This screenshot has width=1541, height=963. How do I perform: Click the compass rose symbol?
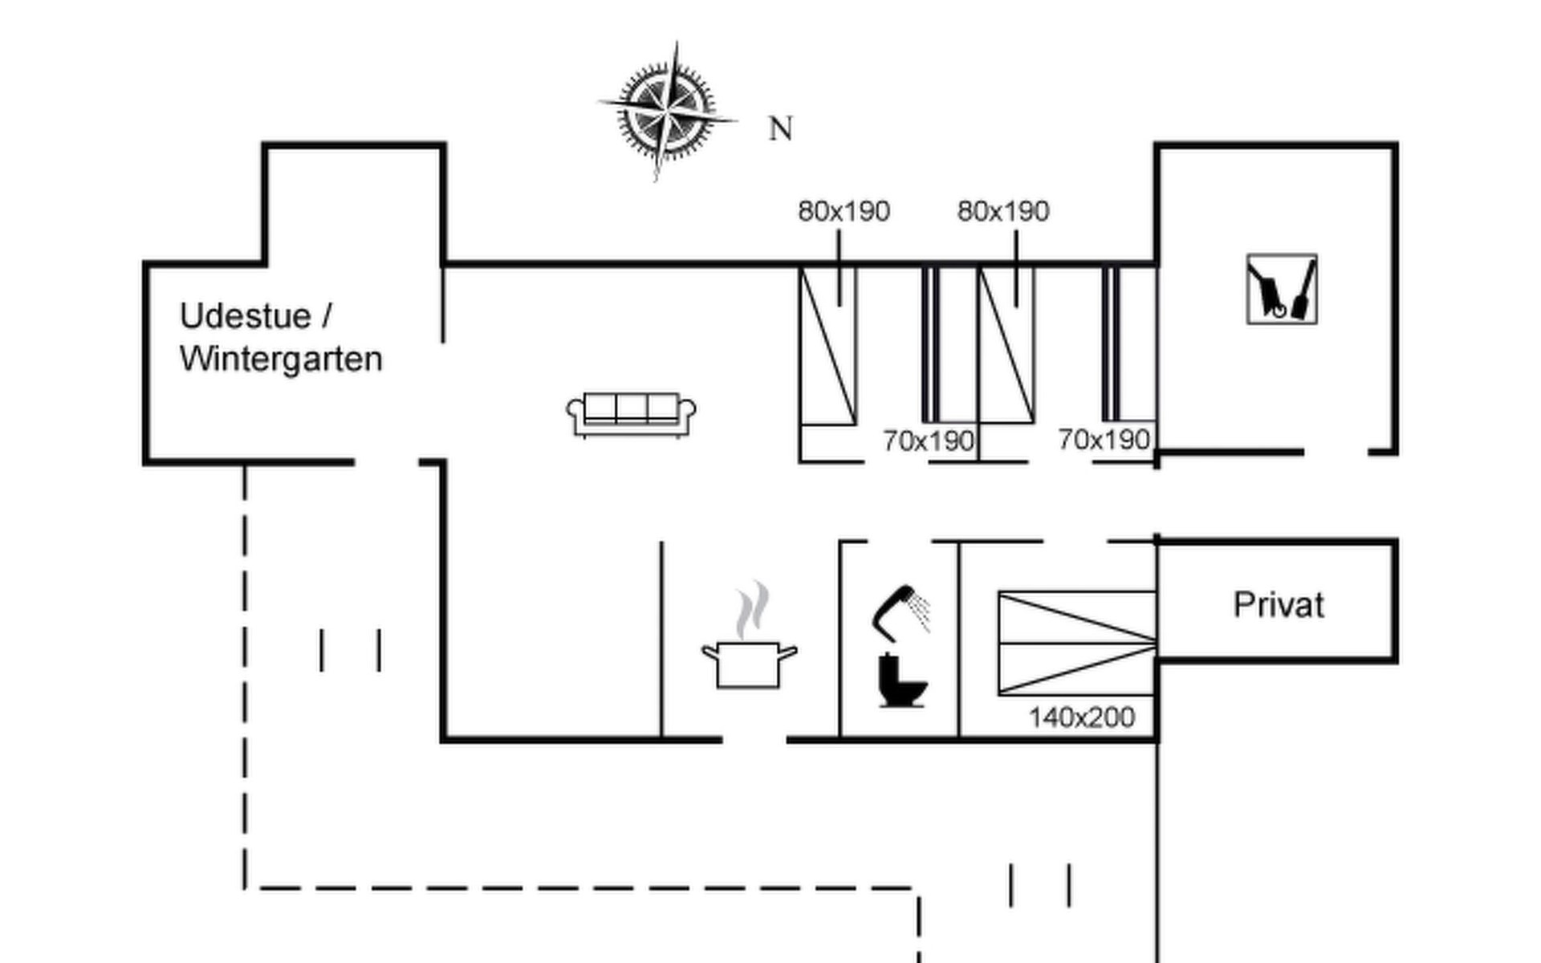667,112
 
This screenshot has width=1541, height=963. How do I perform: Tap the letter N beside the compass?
780,129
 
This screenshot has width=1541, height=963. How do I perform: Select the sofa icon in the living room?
631,414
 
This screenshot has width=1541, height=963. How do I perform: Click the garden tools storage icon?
1282,289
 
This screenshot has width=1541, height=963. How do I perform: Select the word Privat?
1278,605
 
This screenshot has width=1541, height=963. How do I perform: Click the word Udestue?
245,316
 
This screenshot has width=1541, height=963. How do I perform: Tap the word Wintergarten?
281,359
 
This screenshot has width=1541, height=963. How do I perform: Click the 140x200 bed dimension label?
1082,717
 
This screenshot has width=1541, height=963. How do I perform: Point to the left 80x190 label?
844,211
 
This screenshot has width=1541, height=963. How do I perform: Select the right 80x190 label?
1003,211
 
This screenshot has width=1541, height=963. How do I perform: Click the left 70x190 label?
929,441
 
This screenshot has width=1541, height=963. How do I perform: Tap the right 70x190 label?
1104,439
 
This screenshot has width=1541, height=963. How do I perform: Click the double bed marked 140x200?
1076,643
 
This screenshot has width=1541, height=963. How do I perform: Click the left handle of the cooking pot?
709,651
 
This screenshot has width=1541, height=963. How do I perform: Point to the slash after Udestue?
326,316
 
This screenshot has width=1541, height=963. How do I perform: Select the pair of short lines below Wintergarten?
350,650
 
